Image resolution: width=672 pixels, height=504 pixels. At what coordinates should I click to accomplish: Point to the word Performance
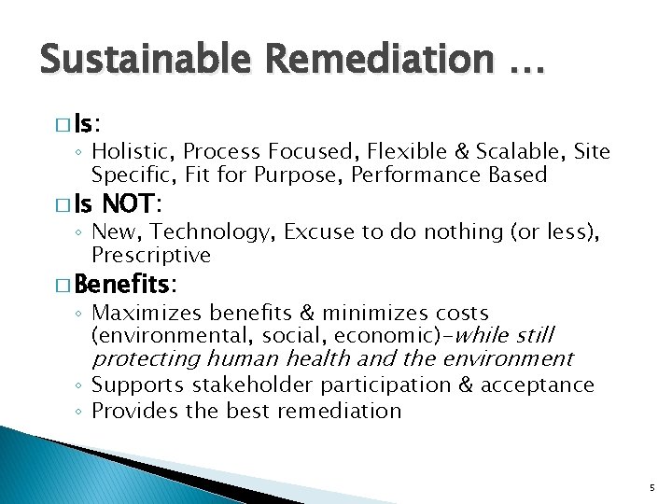419,174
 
